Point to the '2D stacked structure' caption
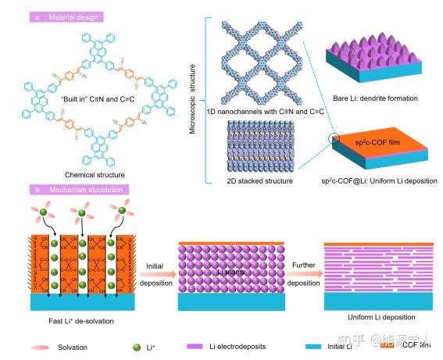259,180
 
